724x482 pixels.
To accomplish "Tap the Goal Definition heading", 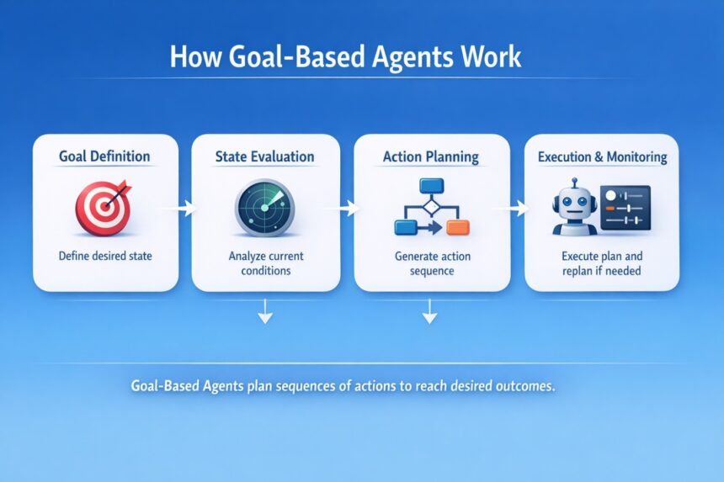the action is (104, 156).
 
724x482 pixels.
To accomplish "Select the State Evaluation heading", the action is (264, 156).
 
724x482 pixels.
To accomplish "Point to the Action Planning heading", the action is (431, 156).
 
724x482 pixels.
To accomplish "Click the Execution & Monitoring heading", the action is (603, 156).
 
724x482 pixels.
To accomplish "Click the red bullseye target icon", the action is (104, 208).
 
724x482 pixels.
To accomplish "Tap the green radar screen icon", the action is (264, 208).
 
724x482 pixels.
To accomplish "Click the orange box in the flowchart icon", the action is (458, 227).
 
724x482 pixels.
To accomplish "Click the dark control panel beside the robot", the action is (626, 208).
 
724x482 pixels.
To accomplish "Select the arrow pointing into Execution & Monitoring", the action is (512, 209).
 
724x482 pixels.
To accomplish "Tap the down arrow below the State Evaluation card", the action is (265, 311).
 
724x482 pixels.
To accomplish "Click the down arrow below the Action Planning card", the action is (430, 311).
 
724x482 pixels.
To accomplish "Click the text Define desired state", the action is (105, 256).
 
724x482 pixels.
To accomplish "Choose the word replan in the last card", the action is (578, 271).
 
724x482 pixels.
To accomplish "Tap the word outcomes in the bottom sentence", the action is (524, 385).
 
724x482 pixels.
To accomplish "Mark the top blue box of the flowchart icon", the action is (432, 185).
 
